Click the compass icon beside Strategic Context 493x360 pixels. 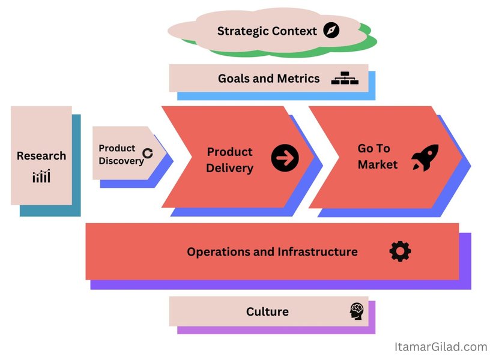[331, 31]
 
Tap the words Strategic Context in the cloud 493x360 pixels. [267, 31]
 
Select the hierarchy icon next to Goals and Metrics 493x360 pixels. [345, 79]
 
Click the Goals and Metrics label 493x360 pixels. [268, 79]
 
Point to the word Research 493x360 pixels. [41, 156]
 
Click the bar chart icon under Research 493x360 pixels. [41, 176]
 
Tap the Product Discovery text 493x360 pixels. [120, 154]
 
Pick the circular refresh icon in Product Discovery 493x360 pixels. [148, 153]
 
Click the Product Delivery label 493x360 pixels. [229, 160]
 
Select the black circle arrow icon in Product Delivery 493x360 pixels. [285, 158]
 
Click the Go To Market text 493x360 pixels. [378, 156]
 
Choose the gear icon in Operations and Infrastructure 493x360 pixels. [400, 251]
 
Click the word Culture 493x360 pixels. [267, 311]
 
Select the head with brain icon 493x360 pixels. [357, 311]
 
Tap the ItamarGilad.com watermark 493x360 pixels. [441, 346]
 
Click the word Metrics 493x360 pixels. [298, 79]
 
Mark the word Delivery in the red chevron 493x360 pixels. [229, 168]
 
